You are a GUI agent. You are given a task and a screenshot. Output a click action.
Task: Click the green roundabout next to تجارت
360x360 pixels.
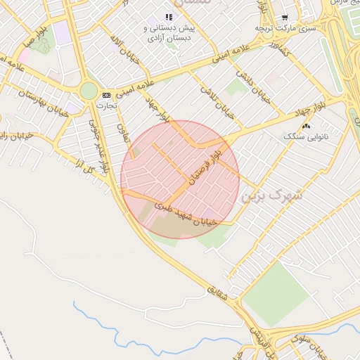pyautogui.click(x=88, y=91)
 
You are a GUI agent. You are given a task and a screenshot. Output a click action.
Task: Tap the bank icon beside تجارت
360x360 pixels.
pyautogui.click(x=106, y=95)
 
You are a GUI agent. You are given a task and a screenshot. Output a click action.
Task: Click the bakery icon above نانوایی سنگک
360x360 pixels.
pyautogui.click(x=305, y=126)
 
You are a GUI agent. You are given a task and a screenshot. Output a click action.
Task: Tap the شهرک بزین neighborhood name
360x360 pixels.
pyautogui.click(x=271, y=195)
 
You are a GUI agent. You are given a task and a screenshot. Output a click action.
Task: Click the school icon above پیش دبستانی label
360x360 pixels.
pyautogui.click(x=168, y=17)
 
